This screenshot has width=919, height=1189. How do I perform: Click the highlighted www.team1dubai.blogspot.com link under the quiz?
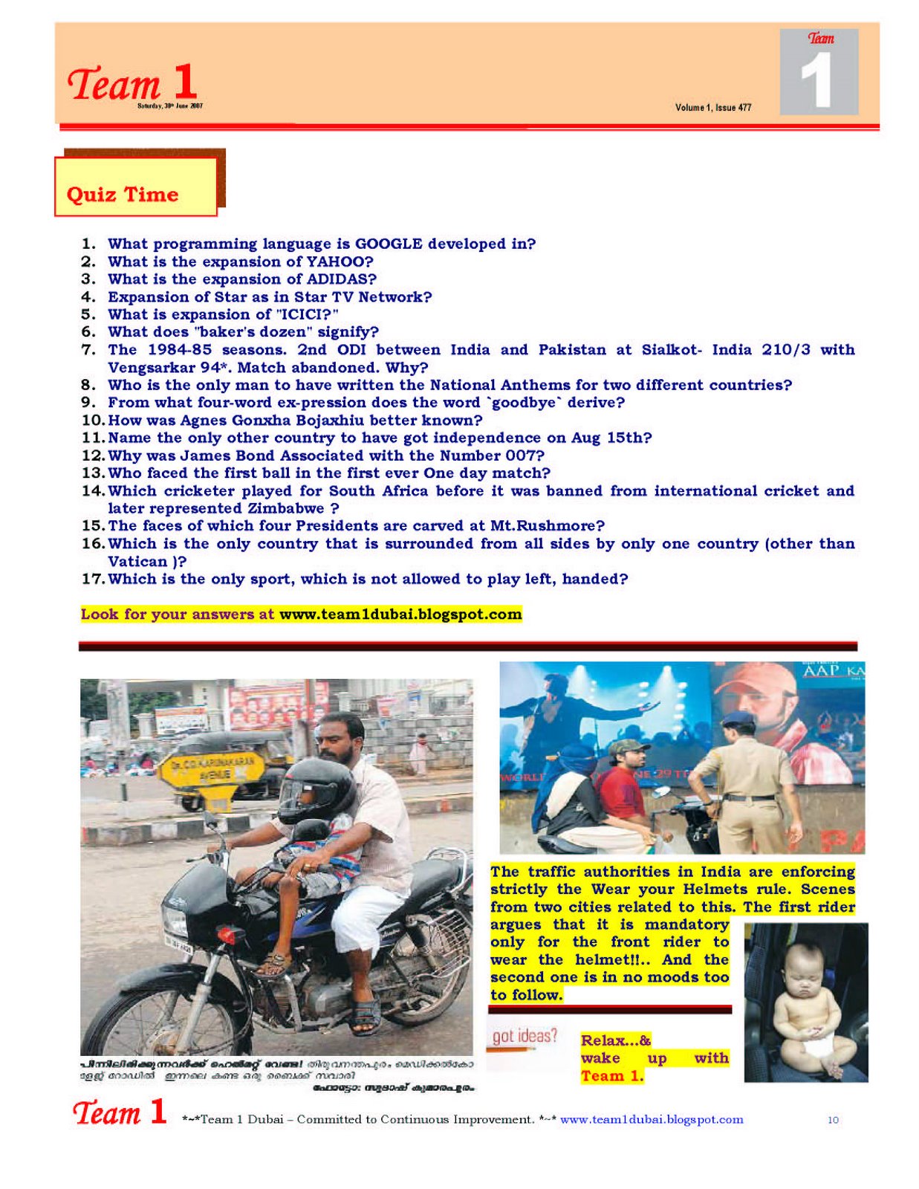pos(400,615)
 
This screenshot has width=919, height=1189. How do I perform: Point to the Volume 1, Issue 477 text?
pos(713,108)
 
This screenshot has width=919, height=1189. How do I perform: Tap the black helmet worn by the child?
pos(316,789)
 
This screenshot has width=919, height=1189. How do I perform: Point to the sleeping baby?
pos(807,1003)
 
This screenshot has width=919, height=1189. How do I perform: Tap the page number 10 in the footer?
pos(833,1120)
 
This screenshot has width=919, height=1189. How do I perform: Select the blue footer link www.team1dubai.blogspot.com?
pos(652,1120)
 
